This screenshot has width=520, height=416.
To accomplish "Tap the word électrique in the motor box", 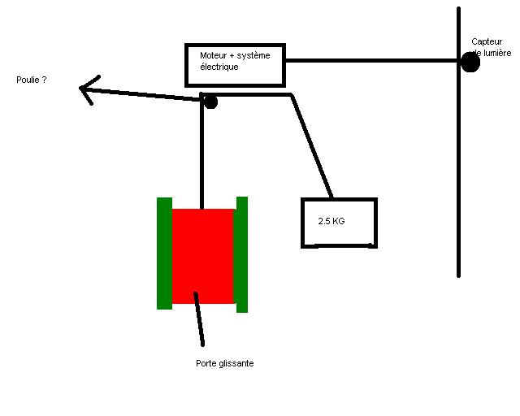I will coord(219,67).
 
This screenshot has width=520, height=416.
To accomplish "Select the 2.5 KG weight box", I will coord(339,221).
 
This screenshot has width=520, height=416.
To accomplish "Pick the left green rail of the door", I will coord(164,253).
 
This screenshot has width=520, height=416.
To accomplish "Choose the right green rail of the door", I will coord(241,253).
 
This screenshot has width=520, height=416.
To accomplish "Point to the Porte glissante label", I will coord(225,363).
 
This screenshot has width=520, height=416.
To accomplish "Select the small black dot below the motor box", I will coord(210,102).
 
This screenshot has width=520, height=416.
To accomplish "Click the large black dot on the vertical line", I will coord(470,62).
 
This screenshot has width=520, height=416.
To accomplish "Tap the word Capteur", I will coord(486,41).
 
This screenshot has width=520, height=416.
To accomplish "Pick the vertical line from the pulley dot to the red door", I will coord(200,150).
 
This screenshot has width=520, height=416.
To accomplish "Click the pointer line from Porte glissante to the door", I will coord(199,319).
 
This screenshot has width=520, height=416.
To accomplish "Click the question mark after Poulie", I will coord(44,80).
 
